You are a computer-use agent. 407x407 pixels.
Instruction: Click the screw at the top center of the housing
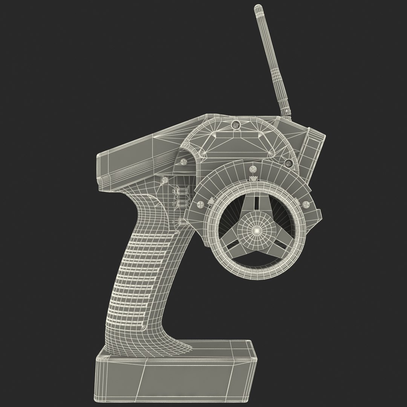tap(236, 125)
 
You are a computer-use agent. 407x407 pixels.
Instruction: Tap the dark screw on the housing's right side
tap(289, 163)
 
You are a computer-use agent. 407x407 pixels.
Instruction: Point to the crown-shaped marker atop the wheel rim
tap(253, 178)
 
